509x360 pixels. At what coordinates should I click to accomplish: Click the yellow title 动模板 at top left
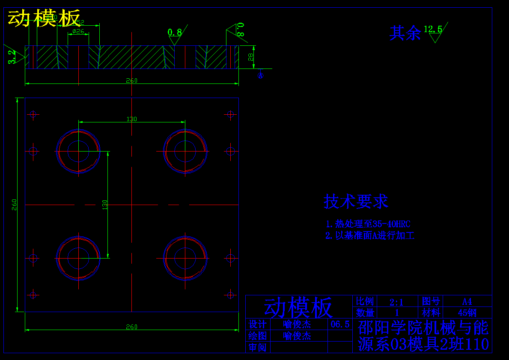point(44,18)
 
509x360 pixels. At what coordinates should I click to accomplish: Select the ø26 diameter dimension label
point(78,31)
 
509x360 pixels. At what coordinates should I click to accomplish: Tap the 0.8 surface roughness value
point(175,32)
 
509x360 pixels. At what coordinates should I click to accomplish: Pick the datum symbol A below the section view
point(260,76)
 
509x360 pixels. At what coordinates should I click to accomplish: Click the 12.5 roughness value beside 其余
point(433,29)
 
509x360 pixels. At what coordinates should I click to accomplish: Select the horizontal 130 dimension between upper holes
point(131,119)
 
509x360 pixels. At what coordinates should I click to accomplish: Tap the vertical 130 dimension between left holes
point(104,204)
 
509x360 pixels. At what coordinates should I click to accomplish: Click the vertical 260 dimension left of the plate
point(14,204)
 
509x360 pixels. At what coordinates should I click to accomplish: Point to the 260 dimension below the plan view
point(131,327)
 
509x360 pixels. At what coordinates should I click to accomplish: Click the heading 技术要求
point(356,201)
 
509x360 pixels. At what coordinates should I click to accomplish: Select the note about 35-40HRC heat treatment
point(368,224)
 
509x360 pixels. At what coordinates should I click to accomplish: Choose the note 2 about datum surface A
point(370,235)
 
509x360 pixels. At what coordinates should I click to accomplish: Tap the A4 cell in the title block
point(467,301)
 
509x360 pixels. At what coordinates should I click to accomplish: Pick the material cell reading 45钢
point(467,312)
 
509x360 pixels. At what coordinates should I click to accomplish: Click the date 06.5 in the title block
point(340,324)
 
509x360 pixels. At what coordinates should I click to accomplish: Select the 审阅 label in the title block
point(258,347)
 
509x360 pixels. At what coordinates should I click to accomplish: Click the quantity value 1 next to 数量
point(397,312)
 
